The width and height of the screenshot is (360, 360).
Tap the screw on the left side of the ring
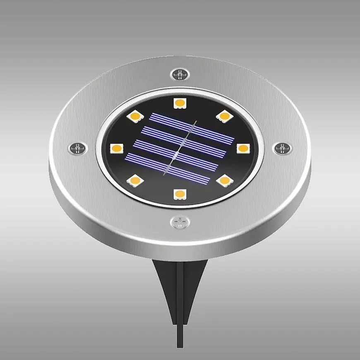pos(78,147)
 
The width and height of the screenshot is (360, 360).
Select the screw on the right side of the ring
pos(282,148)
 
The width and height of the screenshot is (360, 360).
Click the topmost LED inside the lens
pos(179,103)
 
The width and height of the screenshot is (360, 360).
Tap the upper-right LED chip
pos(224,116)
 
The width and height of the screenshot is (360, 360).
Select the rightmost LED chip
pos(243,148)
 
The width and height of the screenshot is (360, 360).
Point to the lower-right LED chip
pos(224,180)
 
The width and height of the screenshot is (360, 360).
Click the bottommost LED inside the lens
pos(179,194)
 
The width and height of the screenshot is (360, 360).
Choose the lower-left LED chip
pos(134,180)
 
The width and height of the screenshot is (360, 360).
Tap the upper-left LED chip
pos(134,116)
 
